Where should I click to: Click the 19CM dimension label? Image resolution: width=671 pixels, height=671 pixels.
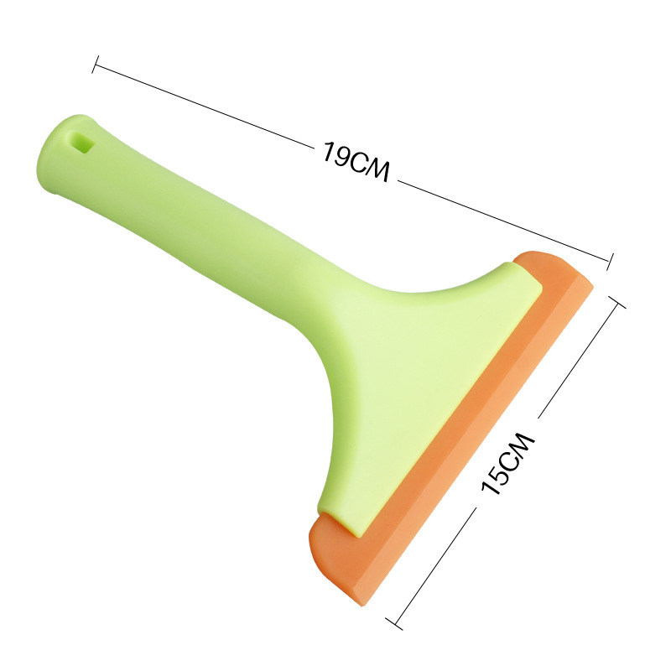click(356, 161)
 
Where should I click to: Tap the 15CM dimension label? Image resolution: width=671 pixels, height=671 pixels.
click(508, 464)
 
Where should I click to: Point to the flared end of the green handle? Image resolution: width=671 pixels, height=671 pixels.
click(69, 156)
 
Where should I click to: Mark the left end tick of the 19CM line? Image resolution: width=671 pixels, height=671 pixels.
click(95, 65)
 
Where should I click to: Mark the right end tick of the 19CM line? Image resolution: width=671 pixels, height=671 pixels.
click(611, 262)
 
